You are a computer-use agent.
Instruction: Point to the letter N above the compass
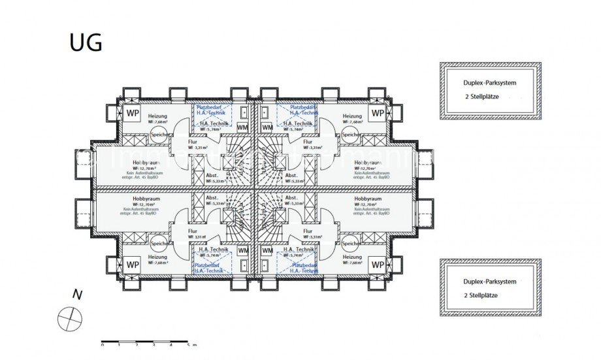(77, 295)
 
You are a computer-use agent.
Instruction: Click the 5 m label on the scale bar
(189, 344)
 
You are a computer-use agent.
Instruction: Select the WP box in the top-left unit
(133, 113)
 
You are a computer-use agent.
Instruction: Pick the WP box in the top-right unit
(378, 113)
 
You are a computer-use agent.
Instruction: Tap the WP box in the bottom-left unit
(133, 265)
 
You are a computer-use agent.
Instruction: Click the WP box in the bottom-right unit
(378, 265)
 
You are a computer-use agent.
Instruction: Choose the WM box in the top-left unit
(242, 127)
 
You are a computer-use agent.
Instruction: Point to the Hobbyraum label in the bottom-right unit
(366, 198)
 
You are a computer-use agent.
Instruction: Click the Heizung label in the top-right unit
(352, 116)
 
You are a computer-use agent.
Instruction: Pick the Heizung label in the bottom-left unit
(157, 257)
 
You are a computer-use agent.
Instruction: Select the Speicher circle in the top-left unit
(159, 135)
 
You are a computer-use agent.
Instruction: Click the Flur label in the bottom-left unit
(193, 231)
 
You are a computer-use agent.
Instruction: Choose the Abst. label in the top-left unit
(212, 175)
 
